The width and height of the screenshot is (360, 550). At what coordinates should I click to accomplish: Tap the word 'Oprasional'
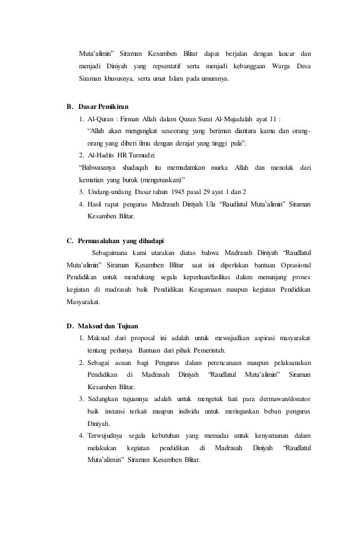[x=292, y=265]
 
